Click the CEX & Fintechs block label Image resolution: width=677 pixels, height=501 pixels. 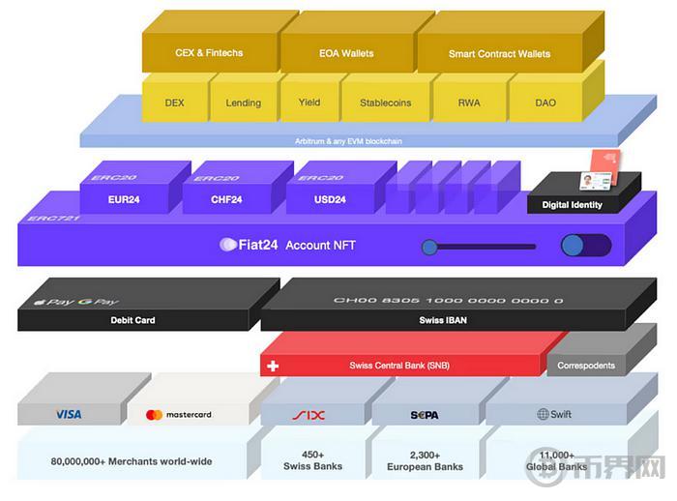pos(209,54)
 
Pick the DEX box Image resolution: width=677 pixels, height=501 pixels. pos(174,103)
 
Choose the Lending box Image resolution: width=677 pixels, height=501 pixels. pos(243,103)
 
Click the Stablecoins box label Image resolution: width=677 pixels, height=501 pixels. pos(385,103)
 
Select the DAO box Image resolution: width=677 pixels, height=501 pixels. pos(545,103)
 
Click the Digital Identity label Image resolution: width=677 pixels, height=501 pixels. pos(572,205)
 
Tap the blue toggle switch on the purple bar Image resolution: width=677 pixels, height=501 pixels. pos(584,246)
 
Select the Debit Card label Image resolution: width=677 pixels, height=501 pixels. pos(132,320)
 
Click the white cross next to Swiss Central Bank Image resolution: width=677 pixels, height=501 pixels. pos(273,367)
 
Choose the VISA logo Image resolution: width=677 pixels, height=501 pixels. pos(69,414)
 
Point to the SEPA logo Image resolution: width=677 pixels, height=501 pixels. pos(424,415)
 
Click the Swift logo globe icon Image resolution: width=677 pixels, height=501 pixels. pos(543,414)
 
